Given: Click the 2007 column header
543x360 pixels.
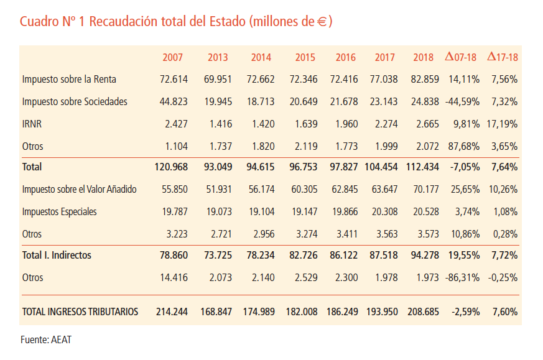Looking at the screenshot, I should pos(172,57).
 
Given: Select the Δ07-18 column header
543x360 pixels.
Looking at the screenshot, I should pos(461,57).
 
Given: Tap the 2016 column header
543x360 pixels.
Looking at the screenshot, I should pos(346,57).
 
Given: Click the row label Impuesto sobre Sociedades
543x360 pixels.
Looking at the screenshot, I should pos(75,102).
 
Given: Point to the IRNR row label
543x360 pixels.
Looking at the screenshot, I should pos(32,124).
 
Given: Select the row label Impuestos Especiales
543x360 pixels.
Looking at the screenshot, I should pos(59,212).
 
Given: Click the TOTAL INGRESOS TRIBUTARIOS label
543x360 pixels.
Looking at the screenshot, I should pos(80,312).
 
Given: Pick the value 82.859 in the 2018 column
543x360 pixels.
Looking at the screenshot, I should pos(426,80).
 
